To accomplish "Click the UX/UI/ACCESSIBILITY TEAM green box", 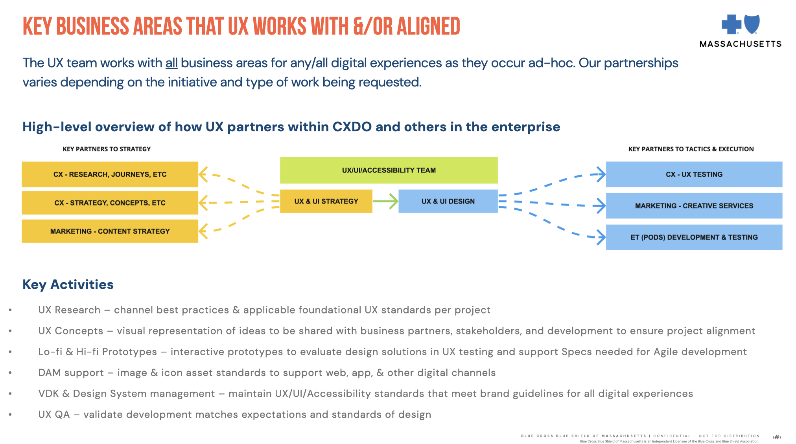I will coord(389,170).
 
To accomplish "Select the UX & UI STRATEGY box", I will coord(326,201).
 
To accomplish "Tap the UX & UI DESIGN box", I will coord(448,201).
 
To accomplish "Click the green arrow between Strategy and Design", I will coord(385,201).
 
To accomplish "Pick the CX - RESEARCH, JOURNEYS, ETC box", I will coord(110,174).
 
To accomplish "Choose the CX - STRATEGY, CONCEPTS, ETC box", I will coord(110,203).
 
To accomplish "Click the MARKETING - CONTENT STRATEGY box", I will coord(110,231).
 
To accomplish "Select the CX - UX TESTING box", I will coord(694,174).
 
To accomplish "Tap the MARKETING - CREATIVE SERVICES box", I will coord(694,205).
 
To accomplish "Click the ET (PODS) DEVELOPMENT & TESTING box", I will coord(694,237).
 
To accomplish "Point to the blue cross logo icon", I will coord(731,24).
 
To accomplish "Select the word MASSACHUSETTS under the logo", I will coord(741,44).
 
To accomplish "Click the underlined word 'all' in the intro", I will coord(171,63).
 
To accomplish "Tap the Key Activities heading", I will coord(68,284).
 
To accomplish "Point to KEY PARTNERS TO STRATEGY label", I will coord(107,149).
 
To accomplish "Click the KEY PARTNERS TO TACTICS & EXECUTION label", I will coord(691,149).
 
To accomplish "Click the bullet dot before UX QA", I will coord(10,415).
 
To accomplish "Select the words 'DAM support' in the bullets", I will coord(71,372).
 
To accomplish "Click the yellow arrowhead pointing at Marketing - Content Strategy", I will coord(203,231).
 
